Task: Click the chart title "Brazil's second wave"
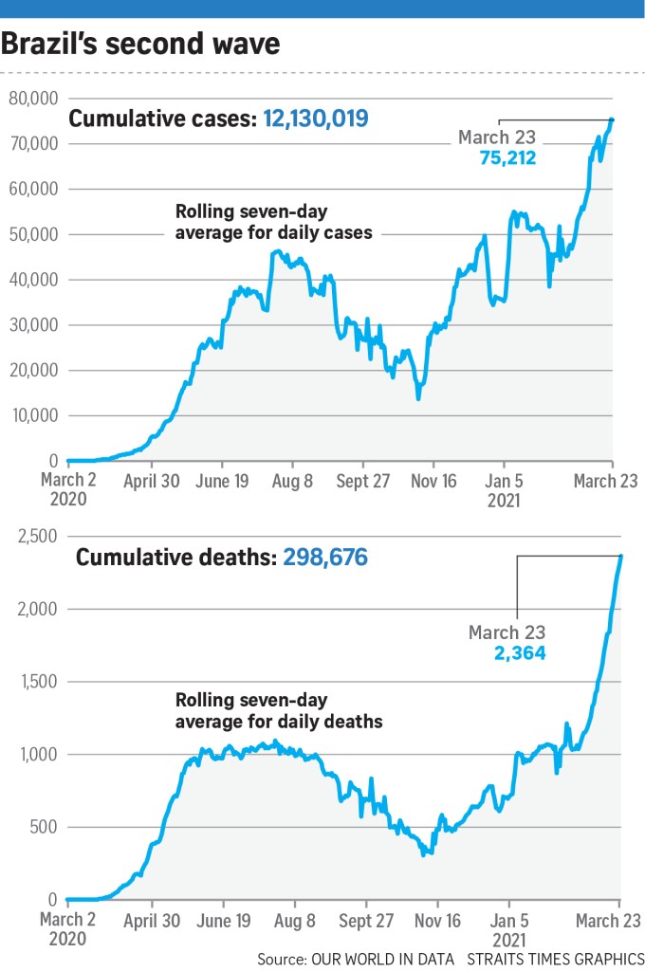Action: pyautogui.click(x=141, y=44)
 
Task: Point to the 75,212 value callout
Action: pyautogui.click(x=507, y=157)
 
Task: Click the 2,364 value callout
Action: pyautogui.click(x=517, y=652)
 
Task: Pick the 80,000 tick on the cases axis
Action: pyautogui.click(x=34, y=98)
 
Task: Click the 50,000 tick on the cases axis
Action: pyautogui.click(x=34, y=234)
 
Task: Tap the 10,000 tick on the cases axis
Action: pyautogui.click(x=34, y=415)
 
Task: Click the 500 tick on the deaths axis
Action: pyautogui.click(x=45, y=827)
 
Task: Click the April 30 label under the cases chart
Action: pyautogui.click(x=152, y=481)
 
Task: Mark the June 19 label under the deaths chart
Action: pyautogui.click(x=224, y=920)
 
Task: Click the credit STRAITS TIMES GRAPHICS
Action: pyautogui.click(x=554, y=960)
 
